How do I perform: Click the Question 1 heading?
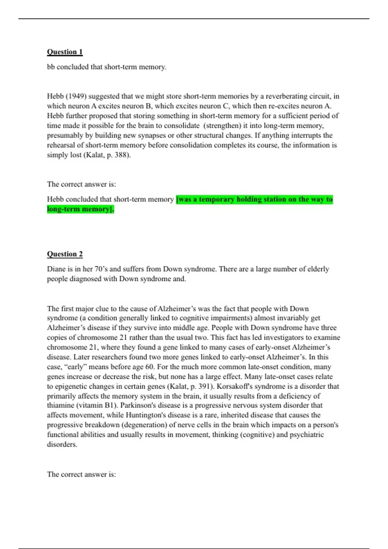[65, 52]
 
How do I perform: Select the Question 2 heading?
[65, 254]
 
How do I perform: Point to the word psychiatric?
[307, 435]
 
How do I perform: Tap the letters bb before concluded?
[51, 67]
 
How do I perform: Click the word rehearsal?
[61, 145]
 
